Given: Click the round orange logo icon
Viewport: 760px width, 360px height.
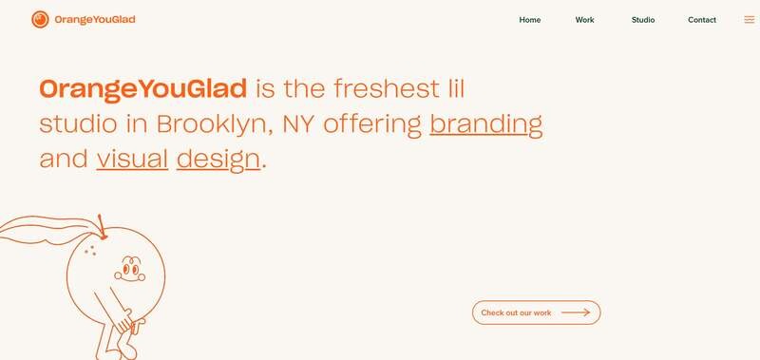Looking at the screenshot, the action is tap(40, 19).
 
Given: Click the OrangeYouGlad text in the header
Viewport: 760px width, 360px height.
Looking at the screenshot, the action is tap(95, 20).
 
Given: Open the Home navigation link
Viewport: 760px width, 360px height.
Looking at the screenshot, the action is tap(530, 20).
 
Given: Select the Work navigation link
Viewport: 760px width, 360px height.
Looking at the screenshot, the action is tap(584, 20).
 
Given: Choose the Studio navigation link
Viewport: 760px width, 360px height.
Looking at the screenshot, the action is tap(643, 20).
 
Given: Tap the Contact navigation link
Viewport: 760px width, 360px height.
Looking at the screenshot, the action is tap(702, 20).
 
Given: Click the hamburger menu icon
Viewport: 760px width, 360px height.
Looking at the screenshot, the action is tap(750, 20).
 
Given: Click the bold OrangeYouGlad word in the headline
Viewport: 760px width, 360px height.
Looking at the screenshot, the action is tap(143, 89).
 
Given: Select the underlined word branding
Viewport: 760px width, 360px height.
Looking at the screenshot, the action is tap(486, 124).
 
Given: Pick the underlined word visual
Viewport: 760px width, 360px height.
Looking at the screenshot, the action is tap(132, 159).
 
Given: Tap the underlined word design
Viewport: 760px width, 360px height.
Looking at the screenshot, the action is tap(218, 160).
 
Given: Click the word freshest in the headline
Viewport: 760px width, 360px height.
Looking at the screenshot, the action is tap(387, 89).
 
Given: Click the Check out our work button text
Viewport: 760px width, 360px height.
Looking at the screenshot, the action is tap(516, 313).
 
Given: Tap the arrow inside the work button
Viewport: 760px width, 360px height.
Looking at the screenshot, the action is tap(576, 313).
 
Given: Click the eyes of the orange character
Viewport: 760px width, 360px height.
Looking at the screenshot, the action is tap(130, 269).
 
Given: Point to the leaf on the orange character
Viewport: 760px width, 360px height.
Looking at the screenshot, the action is tap(48, 230).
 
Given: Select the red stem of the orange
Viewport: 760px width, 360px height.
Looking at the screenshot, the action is tap(102, 227).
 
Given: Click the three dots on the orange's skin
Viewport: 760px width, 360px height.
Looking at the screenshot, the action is tap(89, 250).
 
